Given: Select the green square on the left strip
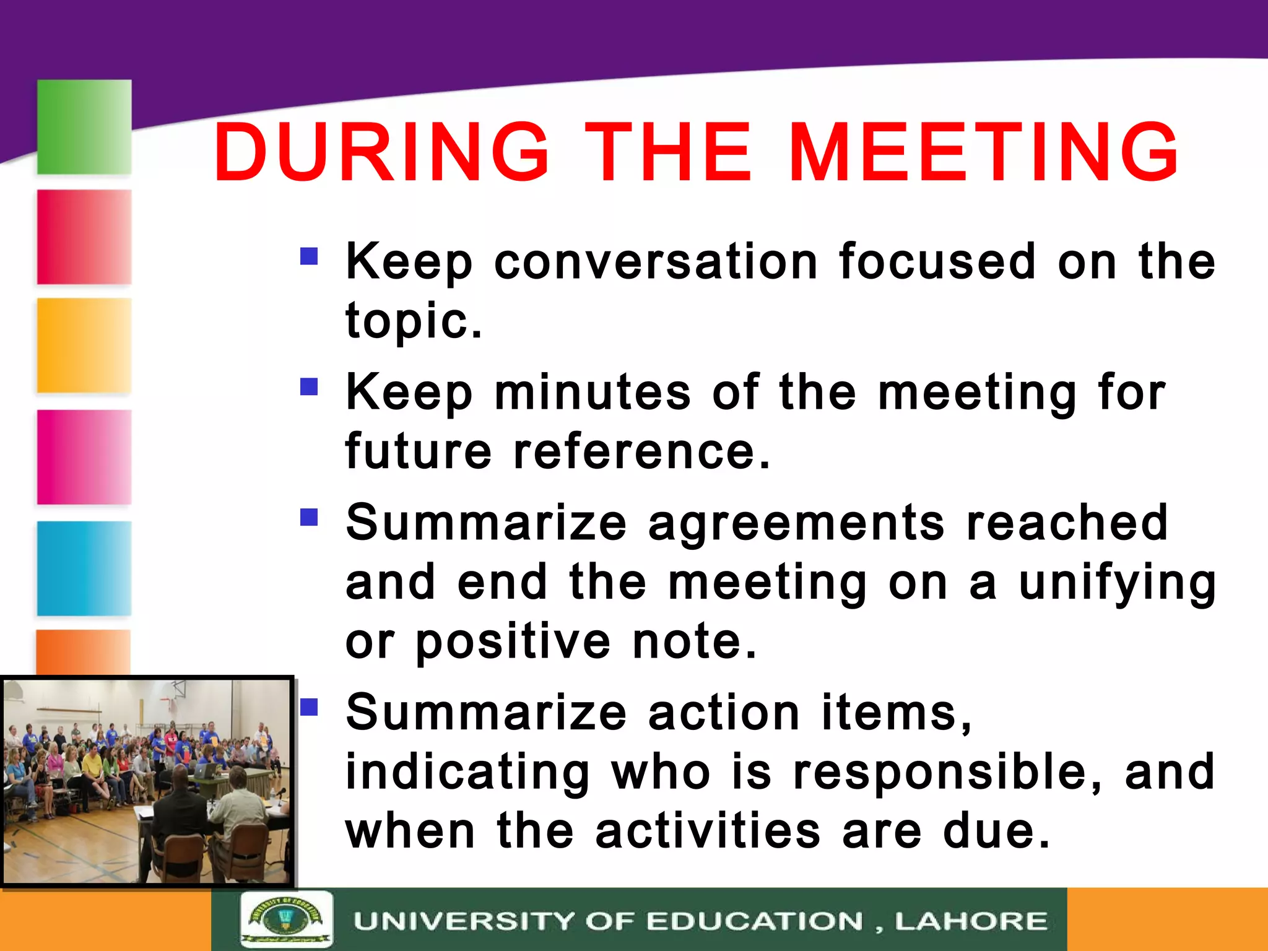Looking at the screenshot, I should coord(84,127).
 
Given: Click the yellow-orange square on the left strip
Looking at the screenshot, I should coord(84,345).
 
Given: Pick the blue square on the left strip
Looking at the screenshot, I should coord(84,568).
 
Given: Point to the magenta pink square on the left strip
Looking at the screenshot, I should coord(84,457).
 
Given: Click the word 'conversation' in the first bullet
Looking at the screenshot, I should coord(656,262).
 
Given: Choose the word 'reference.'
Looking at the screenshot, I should coord(642,451).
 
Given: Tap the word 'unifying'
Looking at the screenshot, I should coord(1118,583).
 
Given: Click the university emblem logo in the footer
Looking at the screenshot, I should coord(286,919).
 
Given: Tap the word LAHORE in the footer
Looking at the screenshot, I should coord(971,921).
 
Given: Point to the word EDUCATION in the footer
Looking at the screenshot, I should coord(755,921).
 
